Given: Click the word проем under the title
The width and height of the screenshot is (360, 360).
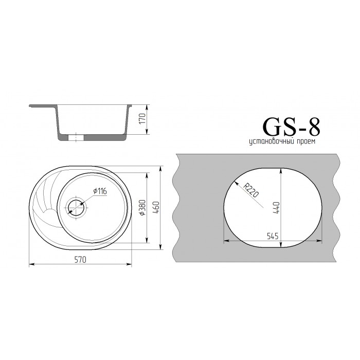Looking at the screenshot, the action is [307, 141].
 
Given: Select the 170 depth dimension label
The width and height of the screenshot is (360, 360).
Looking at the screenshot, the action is [142, 119].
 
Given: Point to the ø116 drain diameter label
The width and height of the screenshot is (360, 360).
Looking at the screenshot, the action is [100, 191].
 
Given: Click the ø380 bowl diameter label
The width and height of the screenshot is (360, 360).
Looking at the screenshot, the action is [142, 208].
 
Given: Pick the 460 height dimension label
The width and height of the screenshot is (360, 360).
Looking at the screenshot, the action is [156, 208].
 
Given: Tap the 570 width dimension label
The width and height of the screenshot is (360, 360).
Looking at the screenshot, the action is [80, 260].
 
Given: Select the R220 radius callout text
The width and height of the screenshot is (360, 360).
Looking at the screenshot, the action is [251, 190].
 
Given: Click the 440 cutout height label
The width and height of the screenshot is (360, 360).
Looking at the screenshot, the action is [276, 208].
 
